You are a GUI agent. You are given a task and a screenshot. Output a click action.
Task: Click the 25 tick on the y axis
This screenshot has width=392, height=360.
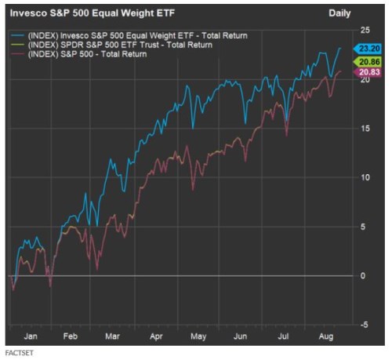click(365, 30)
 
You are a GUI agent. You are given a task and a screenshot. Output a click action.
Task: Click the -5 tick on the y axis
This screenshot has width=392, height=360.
click(364, 324)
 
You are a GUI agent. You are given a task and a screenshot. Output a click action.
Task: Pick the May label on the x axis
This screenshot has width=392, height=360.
click(198, 336)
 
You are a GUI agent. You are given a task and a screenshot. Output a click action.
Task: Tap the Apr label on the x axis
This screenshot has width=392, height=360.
click(155, 336)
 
